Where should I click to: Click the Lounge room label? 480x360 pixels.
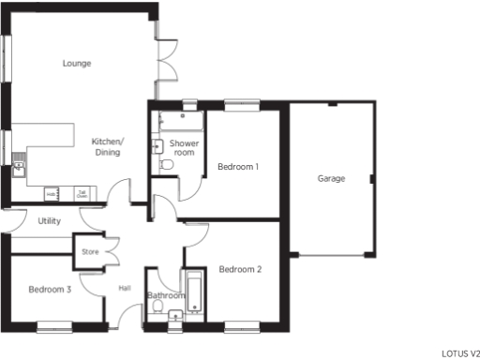tap(77, 64)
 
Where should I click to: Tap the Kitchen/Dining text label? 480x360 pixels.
tap(107, 146)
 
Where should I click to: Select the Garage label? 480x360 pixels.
tap(331, 178)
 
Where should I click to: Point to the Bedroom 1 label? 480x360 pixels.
tap(238, 167)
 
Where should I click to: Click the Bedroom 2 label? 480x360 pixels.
tap(240, 270)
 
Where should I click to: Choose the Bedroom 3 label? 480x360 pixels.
tap(50, 290)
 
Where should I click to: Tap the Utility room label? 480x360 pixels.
tap(50, 221)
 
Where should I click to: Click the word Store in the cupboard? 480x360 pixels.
tap(90, 251)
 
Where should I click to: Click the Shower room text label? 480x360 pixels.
tap(183, 147)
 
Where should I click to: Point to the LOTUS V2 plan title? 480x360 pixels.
tap(459, 353)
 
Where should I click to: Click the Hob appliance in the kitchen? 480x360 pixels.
tap(52, 193)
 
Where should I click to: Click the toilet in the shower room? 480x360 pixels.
tap(167, 164)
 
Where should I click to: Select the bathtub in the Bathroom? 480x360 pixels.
tap(195, 292)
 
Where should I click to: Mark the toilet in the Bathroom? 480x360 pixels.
tap(158, 307)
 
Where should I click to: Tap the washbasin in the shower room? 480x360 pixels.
tap(157, 145)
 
